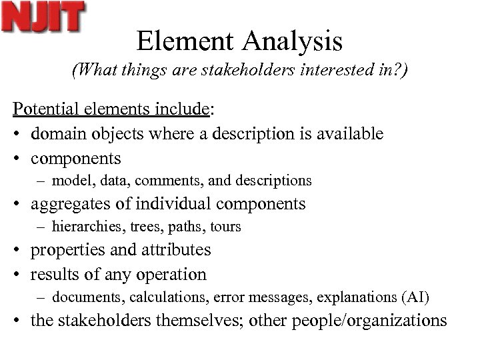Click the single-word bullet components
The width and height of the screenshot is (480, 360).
click(76, 158)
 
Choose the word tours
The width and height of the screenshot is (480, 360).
click(225, 227)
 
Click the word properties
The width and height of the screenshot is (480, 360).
click(72, 250)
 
